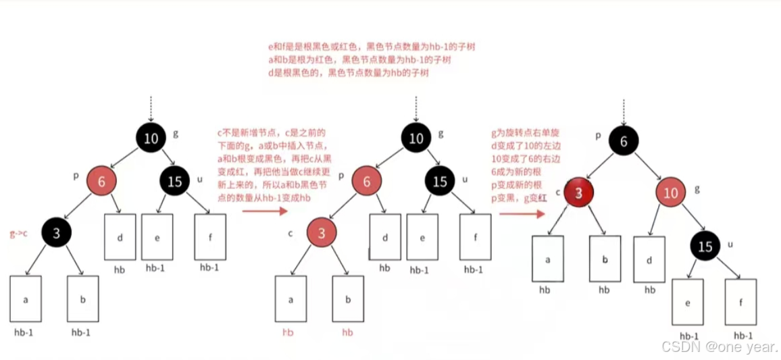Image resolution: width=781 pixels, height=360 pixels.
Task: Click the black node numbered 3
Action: point(57,234)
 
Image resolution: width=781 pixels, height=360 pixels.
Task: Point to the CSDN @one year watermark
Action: point(719,346)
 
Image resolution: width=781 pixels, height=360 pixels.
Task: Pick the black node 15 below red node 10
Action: point(705,247)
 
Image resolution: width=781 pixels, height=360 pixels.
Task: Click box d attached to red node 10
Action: point(649,259)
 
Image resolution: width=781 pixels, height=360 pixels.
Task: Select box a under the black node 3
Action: point(26,299)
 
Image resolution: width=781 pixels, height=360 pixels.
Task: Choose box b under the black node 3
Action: point(82,299)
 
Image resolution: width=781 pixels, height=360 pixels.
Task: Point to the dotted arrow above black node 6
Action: point(623,111)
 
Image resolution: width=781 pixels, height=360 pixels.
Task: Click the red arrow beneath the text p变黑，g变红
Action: point(522,213)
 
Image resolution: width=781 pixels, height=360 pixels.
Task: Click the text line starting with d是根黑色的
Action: point(349,73)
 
